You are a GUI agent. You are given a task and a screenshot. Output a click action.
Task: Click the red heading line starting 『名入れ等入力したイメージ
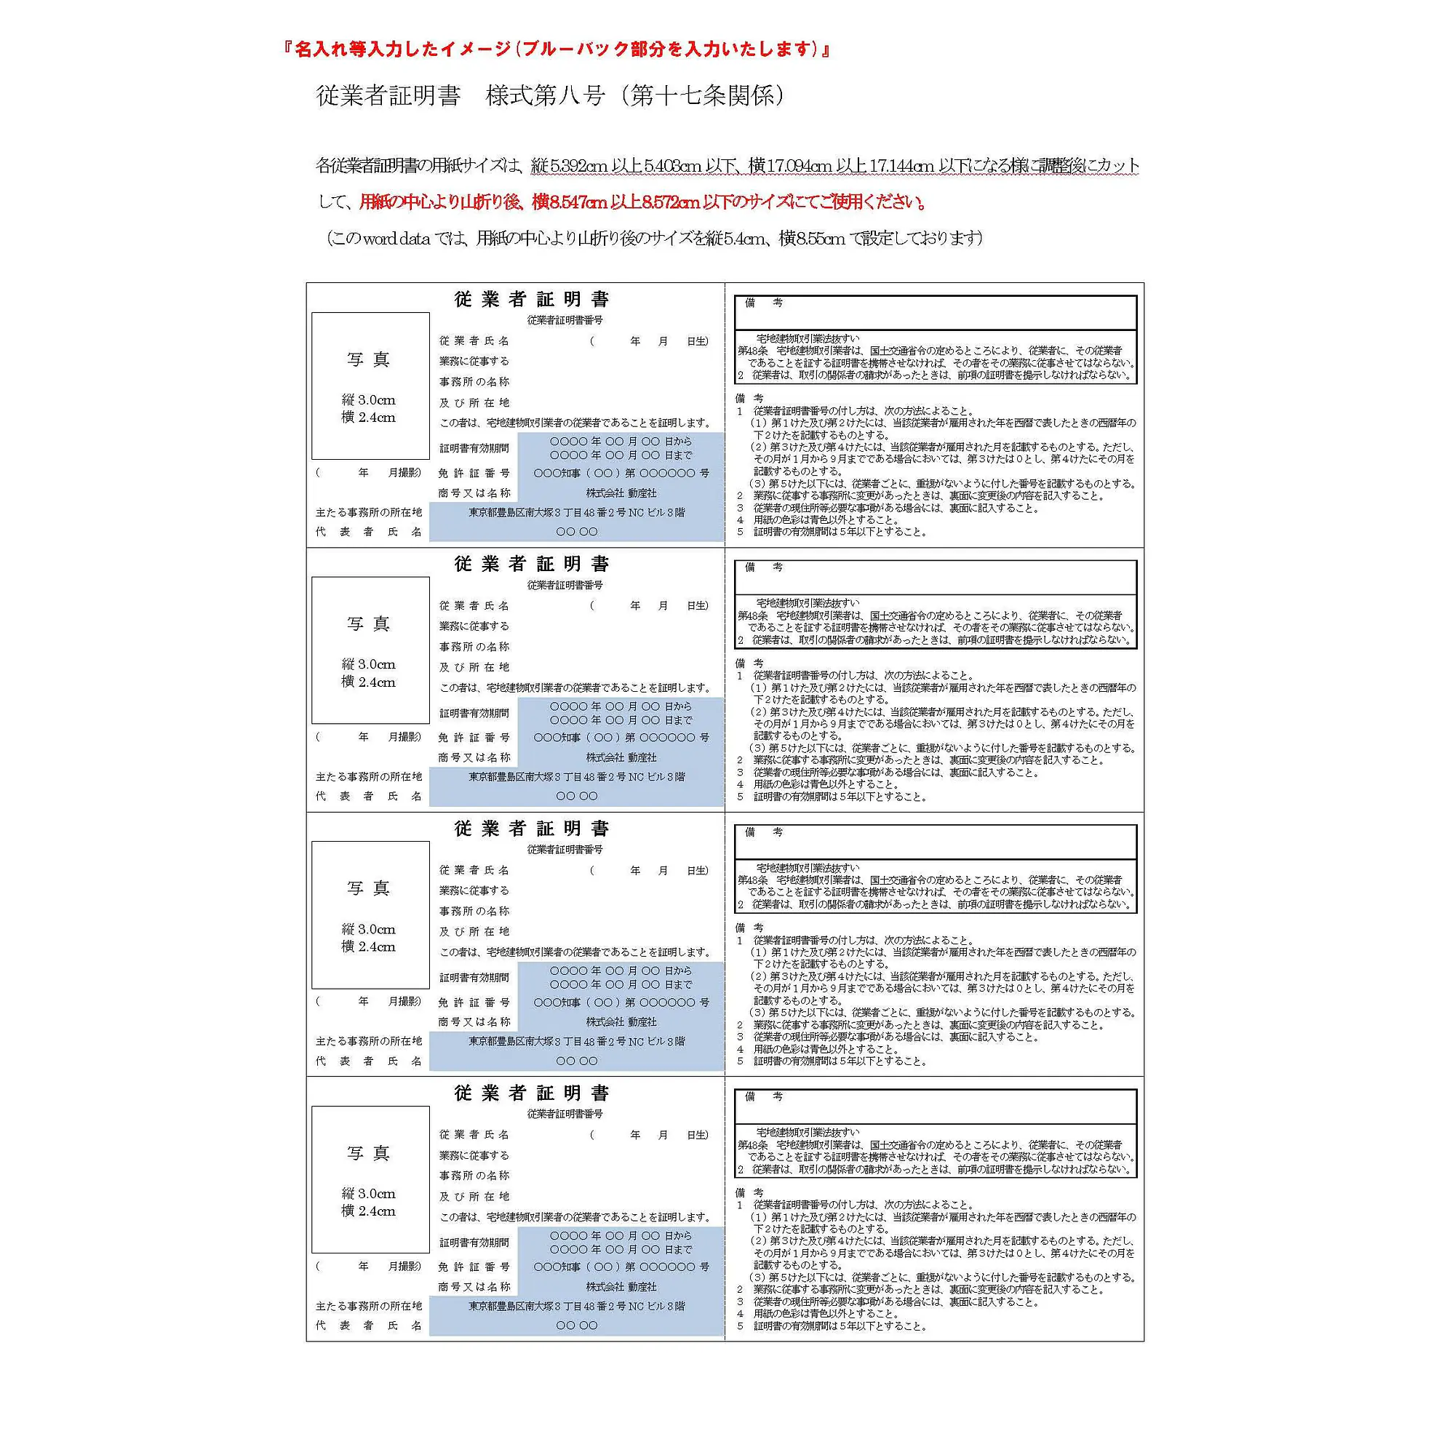pyautogui.click(x=557, y=49)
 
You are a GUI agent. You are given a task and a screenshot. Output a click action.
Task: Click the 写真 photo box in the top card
pyautogui.click(x=370, y=385)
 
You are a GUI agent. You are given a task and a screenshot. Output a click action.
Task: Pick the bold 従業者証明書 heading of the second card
pyautogui.click(x=532, y=564)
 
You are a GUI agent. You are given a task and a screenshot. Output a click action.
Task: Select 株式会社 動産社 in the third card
pyautogui.click(x=621, y=1022)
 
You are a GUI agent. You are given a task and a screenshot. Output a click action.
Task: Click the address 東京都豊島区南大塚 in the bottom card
pyautogui.click(x=577, y=1306)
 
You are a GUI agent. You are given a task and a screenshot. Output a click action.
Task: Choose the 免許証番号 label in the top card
pyautogui.click(x=474, y=474)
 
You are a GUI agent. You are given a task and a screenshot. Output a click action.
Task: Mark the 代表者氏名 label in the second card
pyautogui.click(x=368, y=796)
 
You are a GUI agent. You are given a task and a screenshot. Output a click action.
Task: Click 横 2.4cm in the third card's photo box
pyautogui.click(x=368, y=946)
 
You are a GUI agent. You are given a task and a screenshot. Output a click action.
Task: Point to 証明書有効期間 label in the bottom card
pyautogui.click(x=474, y=1243)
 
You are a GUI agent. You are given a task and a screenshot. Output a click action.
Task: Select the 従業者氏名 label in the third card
pyautogui.click(x=474, y=870)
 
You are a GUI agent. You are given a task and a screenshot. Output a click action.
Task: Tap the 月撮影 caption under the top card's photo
pyautogui.click(x=404, y=473)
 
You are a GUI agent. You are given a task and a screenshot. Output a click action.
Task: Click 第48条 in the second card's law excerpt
pyautogui.click(x=752, y=615)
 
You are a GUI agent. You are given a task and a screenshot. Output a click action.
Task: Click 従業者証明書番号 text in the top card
pyautogui.click(x=565, y=320)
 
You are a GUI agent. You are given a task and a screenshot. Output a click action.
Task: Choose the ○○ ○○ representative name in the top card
pyautogui.click(x=577, y=532)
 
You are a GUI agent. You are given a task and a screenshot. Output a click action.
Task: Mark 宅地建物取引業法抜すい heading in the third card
pyautogui.click(x=808, y=868)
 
